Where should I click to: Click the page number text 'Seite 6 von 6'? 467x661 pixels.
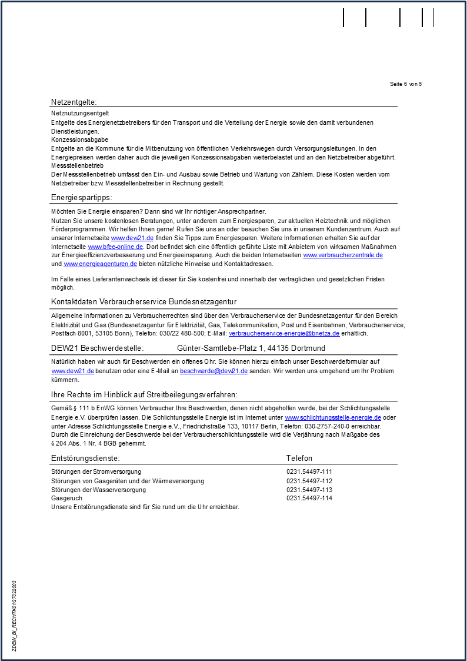[406, 84]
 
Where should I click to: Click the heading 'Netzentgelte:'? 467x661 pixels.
[74, 102]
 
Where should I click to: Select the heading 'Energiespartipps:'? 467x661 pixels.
[81, 197]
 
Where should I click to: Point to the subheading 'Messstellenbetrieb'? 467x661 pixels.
[77, 166]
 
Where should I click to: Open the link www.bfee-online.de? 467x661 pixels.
[115, 246]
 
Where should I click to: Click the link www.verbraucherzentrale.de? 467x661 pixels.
[342, 255]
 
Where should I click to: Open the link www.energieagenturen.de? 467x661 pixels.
[100, 264]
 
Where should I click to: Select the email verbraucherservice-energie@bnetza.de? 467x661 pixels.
[284, 333]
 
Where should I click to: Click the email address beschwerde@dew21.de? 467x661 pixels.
[214, 371]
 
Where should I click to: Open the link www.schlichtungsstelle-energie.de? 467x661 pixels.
[333, 417]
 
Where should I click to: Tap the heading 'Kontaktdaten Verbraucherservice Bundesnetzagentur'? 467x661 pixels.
[144, 302]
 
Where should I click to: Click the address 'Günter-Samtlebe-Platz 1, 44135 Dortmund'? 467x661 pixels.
[251, 348]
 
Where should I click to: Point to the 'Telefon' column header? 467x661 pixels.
[299, 458]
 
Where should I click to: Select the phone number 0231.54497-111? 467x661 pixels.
[309, 471]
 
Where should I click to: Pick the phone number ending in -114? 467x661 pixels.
[309, 498]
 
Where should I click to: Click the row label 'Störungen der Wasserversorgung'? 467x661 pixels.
[98, 490]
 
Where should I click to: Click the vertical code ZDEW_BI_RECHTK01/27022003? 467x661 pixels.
[15, 616]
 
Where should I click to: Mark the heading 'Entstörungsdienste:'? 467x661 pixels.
[85, 458]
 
